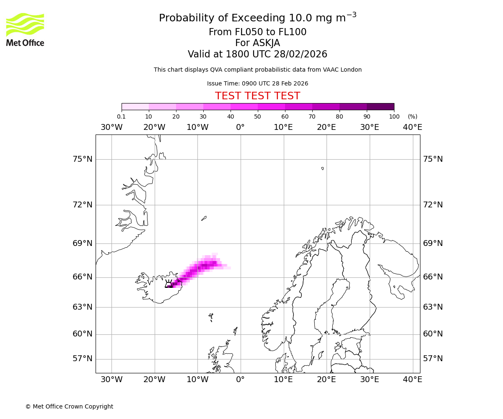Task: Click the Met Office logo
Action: [x=25, y=29]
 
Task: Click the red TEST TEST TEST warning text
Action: [x=257, y=96]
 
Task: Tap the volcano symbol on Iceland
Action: [x=169, y=284]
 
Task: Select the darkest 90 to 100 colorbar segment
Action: [x=380, y=106]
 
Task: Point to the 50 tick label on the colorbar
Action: [x=257, y=116]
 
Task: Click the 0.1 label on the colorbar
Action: [x=121, y=116]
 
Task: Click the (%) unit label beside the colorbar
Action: [x=412, y=116]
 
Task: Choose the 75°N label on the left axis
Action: [x=82, y=159]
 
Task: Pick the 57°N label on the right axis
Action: [x=433, y=359]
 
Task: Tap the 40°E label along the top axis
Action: [x=412, y=127]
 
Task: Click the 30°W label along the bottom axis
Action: [x=111, y=380]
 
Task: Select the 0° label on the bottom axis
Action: [x=241, y=380]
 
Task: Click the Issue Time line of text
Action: [x=257, y=83]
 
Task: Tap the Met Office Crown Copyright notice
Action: [x=69, y=406]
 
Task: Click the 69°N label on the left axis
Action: [x=82, y=243]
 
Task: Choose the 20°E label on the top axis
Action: [x=327, y=127]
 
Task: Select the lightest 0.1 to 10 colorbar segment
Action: [x=135, y=106]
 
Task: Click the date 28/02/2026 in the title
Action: [x=301, y=54]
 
